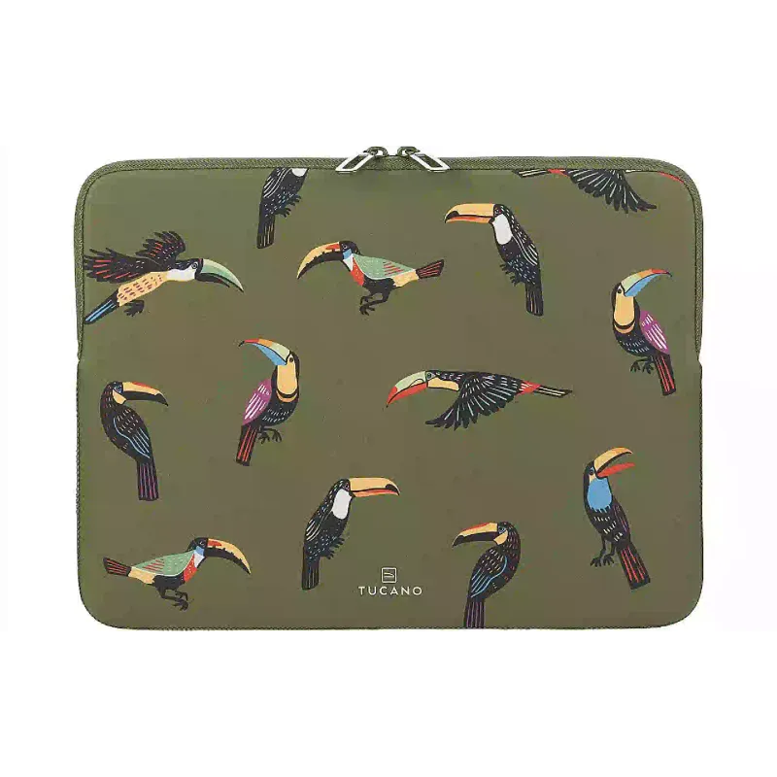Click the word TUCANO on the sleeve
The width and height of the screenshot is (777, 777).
pos(390,591)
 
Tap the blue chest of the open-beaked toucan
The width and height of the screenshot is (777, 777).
pos(598,494)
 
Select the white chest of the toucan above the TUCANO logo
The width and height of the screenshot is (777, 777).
pos(341,504)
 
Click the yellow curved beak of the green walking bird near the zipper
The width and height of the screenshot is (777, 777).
pos(319,256)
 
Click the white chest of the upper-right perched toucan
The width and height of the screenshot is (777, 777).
pos(503,229)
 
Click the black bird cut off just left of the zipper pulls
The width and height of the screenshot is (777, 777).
pos(280,203)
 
